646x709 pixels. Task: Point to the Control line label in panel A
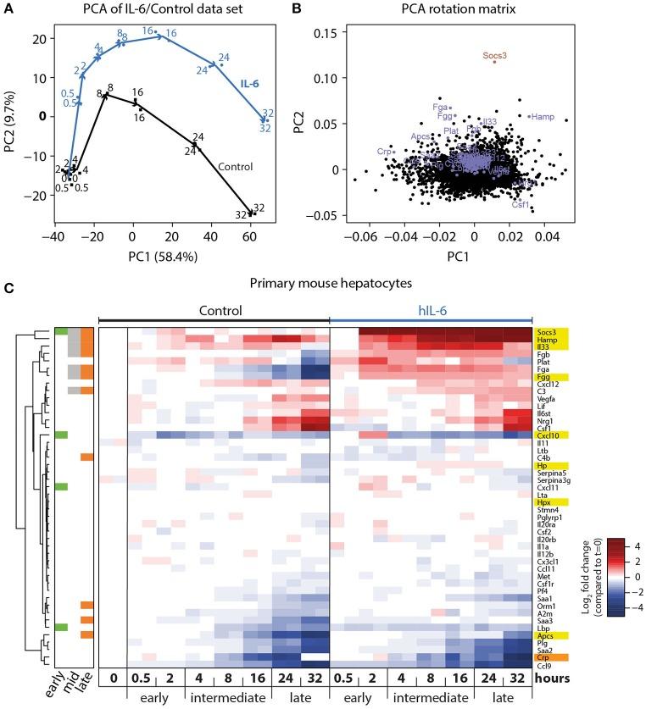pos(219,167)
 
